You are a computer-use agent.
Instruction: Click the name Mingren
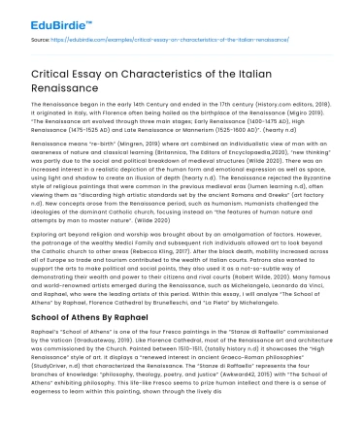point(125,167)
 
